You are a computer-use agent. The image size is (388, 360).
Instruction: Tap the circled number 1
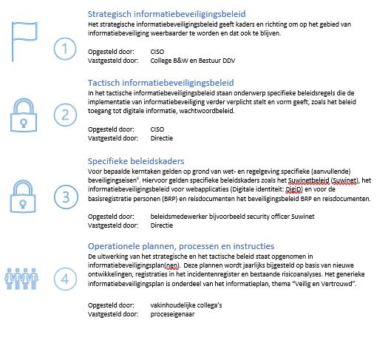(x=67, y=50)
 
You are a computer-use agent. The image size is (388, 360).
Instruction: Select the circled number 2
(x=67, y=115)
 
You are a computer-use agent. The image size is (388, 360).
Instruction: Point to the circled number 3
(x=67, y=198)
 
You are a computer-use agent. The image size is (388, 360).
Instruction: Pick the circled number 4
(x=67, y=279)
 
